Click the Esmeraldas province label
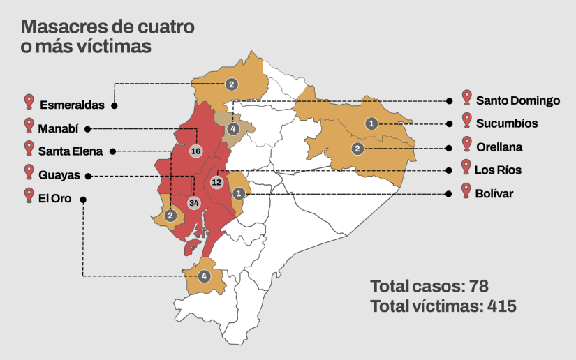72,105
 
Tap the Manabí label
59,129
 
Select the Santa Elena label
71,151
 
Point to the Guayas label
59,175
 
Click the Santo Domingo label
518,100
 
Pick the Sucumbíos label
507,123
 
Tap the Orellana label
499,147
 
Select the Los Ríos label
498,170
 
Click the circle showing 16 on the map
195,151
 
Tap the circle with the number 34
193,203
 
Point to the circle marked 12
216,182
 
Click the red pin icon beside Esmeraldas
29,102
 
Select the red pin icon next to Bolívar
466,190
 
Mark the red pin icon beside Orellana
466,144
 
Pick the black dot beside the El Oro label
83,200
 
